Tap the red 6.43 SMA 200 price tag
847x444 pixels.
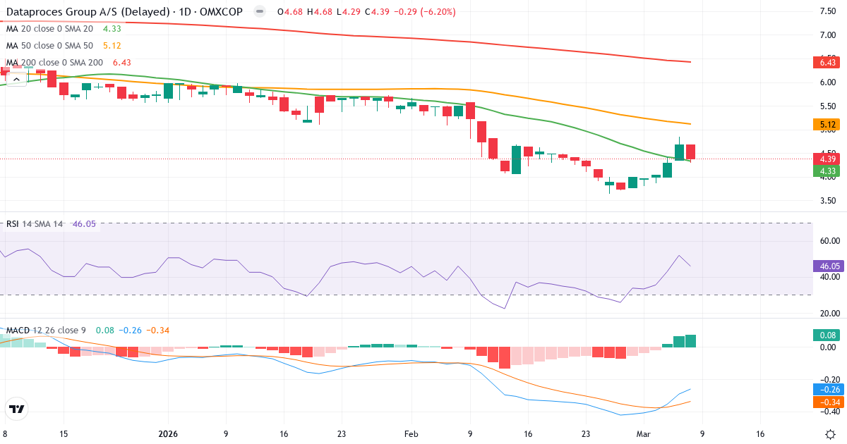pyautogui.click(x=827, y=63)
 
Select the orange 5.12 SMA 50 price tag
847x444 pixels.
pyautogui.click(x=827, y=125)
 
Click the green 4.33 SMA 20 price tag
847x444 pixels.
pyautogui.click(x=827, y=171)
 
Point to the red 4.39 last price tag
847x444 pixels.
pyautogui.click(x=827, y=159)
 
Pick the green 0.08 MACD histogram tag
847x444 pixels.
pyautogui.click(x=827, y=335)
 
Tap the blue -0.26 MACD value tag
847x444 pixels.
pyautogui.click(x=828, y=389)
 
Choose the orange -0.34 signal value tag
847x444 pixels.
pyautogui.click(x=828, y=402)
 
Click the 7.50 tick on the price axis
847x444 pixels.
pyautogui.click(x=827, y=11)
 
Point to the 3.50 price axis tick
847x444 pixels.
pyautogui.click(x=827, y=200)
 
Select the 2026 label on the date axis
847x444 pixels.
pyautogui.click(x=168, y=434)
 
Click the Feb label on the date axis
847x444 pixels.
pyautogui.click(x=412, y=434)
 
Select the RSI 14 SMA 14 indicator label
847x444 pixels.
pyautogui.click(x=35, y=224)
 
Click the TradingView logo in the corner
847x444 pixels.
pyautogui.click(x=17, y=409)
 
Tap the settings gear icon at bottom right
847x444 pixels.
pyautogui.click(x=830, y=433)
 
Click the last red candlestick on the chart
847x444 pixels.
pyautogui.click(x=690, y=152)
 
